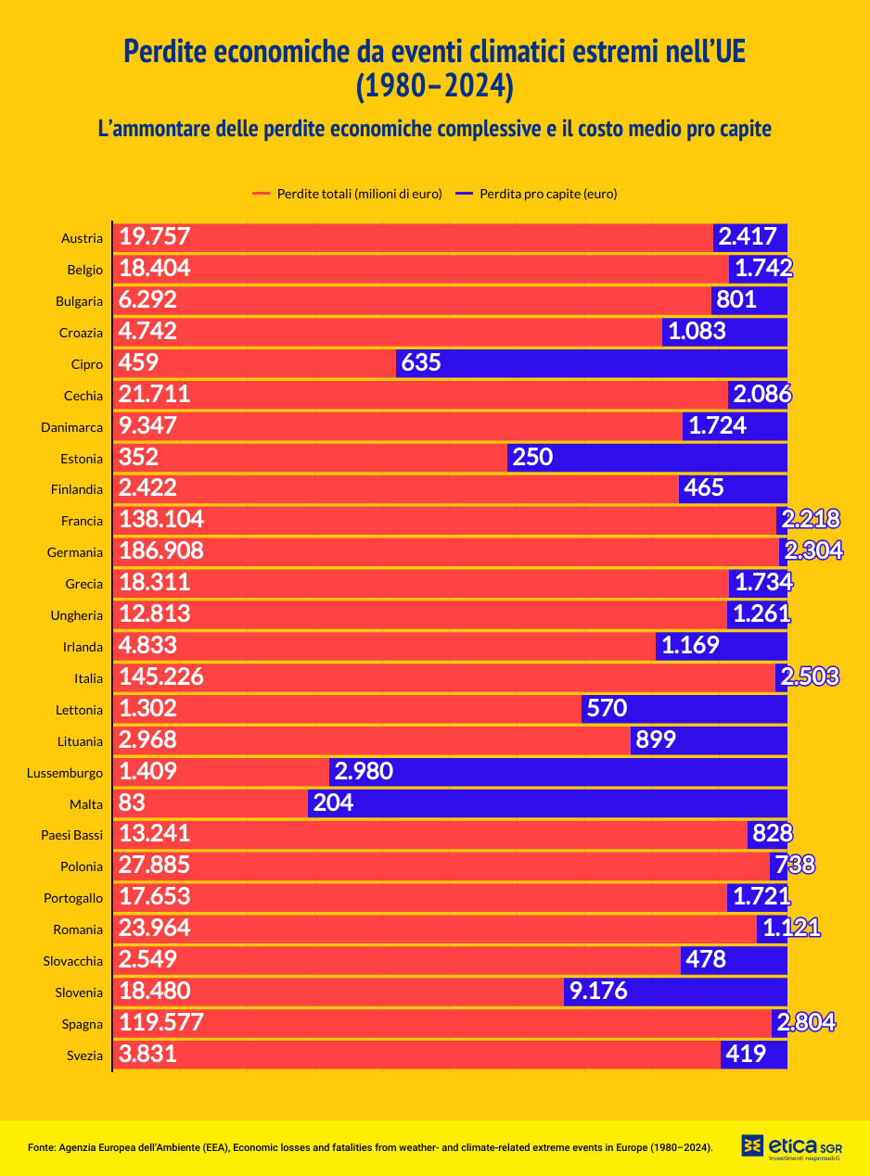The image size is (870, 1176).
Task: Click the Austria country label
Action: click(82, 238)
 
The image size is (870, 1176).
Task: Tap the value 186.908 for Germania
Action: click(161, 552)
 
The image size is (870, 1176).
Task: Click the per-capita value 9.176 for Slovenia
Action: click(598, 992)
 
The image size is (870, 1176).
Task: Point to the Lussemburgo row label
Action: click(65, 773)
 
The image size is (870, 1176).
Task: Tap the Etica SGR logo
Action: click(791, 1146)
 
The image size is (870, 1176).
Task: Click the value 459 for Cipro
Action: click(139, 363)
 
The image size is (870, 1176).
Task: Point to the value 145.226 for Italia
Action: click(161, 677)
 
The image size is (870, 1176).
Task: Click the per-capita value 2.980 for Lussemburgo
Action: click(364, 772)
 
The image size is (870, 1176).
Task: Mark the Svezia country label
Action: click(84, 1056)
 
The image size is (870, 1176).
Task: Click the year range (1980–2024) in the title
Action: click(434, 85)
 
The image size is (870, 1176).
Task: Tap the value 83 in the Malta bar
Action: click(133, 803)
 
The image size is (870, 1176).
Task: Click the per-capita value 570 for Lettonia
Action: click(607, 710)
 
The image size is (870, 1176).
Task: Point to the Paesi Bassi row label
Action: click(71, 835)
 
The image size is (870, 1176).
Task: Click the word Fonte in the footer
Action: click(41, 1147)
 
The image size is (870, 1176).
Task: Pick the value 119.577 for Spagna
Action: click(161, 1023)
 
